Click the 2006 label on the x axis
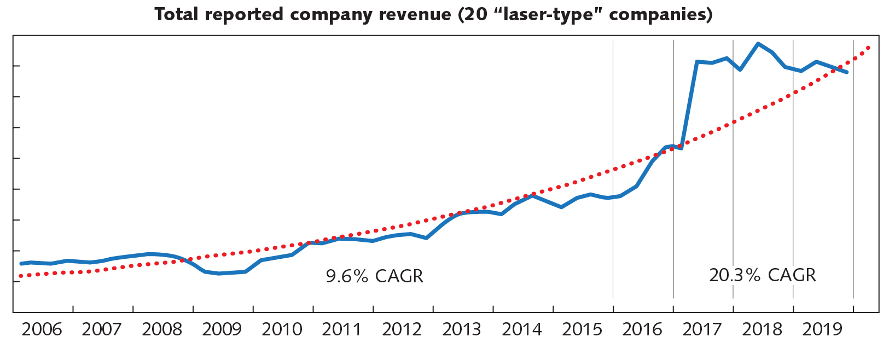click(x=42, y=329)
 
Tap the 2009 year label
click(x=222, y=329)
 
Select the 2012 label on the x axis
click(x=402, y=329)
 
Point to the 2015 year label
click(x=582, y=329)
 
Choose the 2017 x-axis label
click(x=702, y=329)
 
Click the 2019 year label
click(x=822, y=329)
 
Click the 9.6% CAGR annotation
click(x=374, y=276)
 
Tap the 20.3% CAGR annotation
click(x=762, y=275)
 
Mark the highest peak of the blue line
click(x=758, y=43)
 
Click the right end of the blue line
click(x=847, y=72)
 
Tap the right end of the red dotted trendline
click(x=869, y=48)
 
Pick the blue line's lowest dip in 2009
click(x=219, y=274)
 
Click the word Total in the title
click(x=176, y=15)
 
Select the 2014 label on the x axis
click(x=522, y=329)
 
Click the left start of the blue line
click(x=21, y=264)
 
